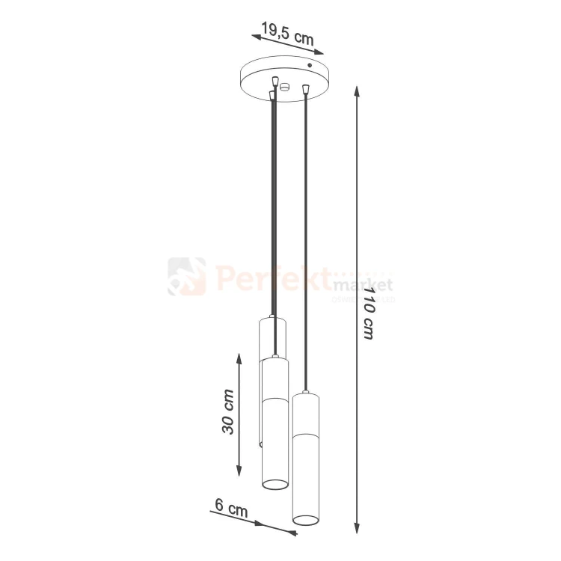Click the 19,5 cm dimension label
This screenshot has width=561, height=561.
tap(287, 34)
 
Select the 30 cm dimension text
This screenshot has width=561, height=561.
tap(228, 412)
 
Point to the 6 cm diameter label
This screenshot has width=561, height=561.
tap(231, 509)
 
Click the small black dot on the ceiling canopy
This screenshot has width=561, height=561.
tap(309, 67)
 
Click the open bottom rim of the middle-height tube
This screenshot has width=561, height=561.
tap(275, 483)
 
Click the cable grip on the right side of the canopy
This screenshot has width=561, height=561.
tap(305, 91)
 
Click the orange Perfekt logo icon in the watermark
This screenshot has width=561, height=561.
tap(186, 276)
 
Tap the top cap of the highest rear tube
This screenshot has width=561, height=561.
tap(272, 319)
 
